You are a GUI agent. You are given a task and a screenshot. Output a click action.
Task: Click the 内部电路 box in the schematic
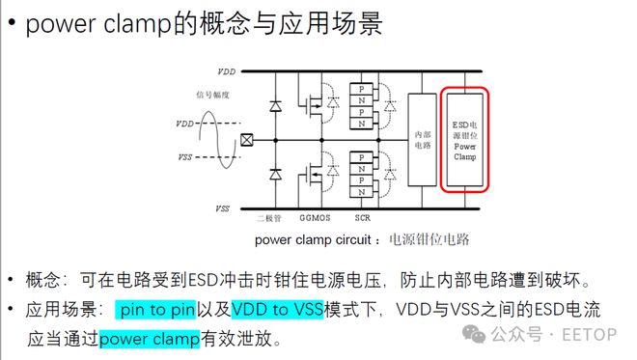pos(422,140)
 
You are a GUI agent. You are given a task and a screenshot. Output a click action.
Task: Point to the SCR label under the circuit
pos(365,219)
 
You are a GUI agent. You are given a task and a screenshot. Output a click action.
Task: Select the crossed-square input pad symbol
pos(246,140)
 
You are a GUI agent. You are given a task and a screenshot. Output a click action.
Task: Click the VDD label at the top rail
pos(225,71)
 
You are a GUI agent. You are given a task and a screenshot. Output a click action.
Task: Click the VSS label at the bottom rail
pos(223,208)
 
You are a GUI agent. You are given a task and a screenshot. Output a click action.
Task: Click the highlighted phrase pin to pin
pos(154,311)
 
